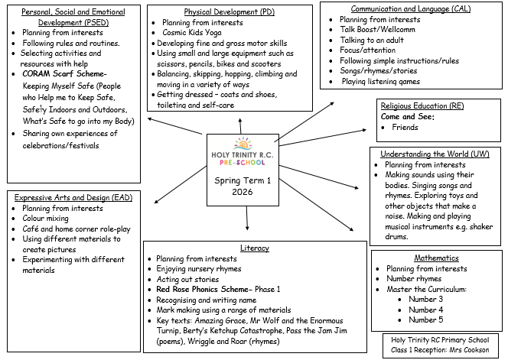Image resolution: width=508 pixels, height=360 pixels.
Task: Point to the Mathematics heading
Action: click(x=436, y=258)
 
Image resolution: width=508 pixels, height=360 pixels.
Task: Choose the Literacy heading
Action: click(x=255, y=248)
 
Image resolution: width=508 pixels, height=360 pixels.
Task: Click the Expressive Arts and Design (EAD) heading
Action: click(x=73, y=197)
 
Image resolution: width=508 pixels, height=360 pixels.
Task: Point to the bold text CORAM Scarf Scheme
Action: click(x=65, y=74)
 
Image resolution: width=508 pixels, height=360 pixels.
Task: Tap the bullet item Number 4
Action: click(x=425, y=310)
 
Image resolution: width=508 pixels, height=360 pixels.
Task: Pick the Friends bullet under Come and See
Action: click(x=405, y=128)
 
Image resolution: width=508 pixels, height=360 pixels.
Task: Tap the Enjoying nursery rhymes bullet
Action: click(x=198, y=269)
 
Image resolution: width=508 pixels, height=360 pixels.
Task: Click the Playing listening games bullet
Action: click(x=380, y=81)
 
